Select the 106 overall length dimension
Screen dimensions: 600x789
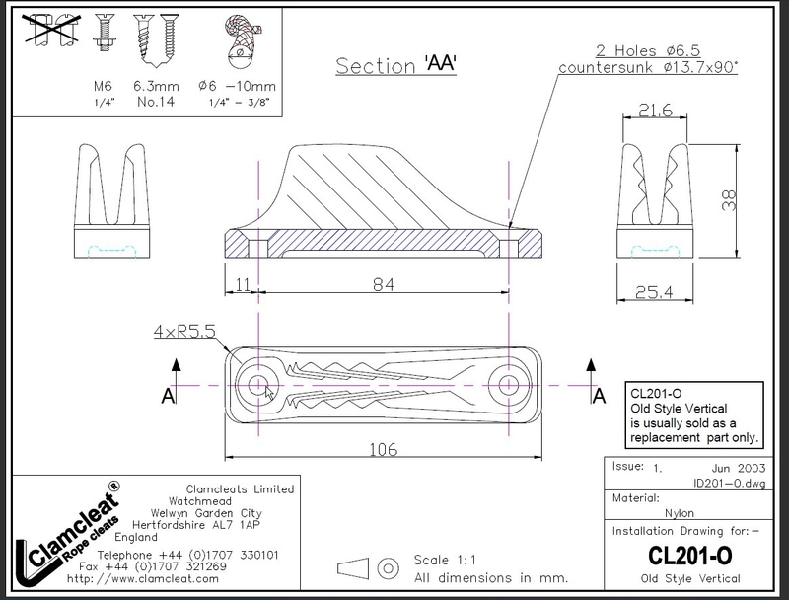pos(384,449)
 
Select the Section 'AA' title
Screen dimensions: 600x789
pos(400,65)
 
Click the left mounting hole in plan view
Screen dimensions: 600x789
pos(261,384)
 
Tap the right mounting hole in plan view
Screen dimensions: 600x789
pos(508,384)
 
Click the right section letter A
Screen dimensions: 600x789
pos(598,396)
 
